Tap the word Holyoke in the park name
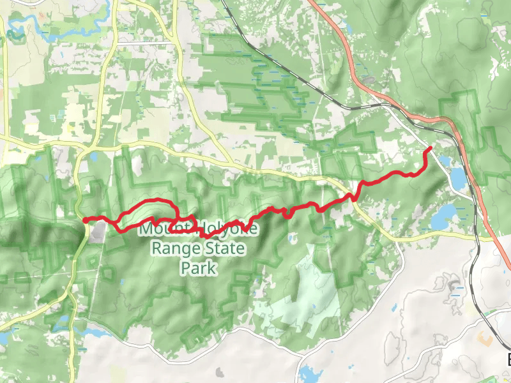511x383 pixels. click(x=219, y=228)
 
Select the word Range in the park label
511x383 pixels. click(x=172, y=248)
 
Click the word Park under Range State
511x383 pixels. click(x=198, y=267)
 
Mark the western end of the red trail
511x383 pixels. click(x=85, y=220)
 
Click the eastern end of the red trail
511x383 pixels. click(x=429, y=149)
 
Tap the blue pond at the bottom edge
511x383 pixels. click(x=311, y=373)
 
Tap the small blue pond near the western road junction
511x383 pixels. click(x=94, y=156)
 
